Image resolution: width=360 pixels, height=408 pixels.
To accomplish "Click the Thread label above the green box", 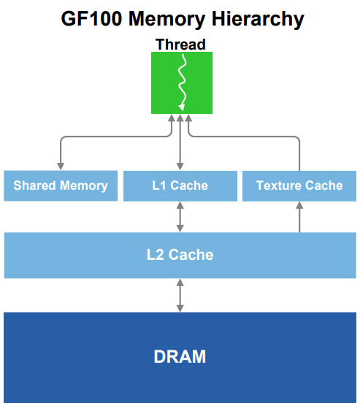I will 180,45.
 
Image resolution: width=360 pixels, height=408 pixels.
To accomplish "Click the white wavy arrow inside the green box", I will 181,80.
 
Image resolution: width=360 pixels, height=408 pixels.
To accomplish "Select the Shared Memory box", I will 60,185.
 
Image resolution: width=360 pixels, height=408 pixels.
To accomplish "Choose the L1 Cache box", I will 180,185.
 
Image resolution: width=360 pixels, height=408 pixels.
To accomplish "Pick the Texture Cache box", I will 299,185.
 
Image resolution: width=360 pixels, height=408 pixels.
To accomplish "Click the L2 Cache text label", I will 180,255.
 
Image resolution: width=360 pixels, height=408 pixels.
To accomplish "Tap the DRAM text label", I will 180,357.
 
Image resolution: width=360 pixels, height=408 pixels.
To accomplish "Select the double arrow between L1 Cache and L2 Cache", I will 180,217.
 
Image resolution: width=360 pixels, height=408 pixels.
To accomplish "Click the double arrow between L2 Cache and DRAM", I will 180,295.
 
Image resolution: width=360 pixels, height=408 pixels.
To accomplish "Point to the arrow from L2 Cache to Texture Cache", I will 299,218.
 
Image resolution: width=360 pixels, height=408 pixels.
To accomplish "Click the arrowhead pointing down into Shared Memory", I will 60,166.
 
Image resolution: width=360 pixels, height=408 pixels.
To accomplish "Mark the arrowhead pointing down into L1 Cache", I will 180,166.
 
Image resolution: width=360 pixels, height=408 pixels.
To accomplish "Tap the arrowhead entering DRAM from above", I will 180,308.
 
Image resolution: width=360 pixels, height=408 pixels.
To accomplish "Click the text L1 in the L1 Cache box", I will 159,185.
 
